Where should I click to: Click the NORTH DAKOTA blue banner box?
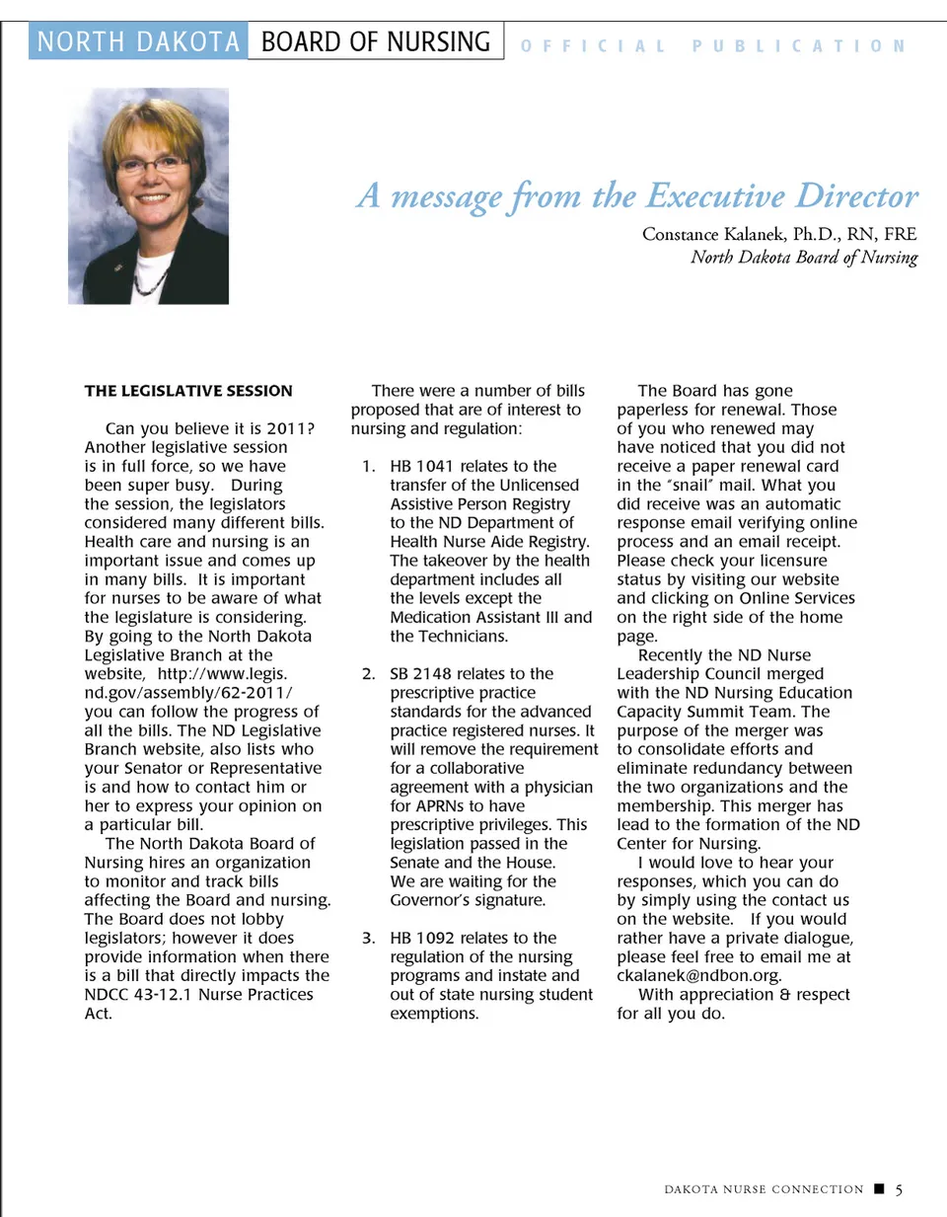tap(138, 41)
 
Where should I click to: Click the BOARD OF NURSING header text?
tap(375, 41)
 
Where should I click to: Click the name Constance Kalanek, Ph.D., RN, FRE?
tap(778, 234)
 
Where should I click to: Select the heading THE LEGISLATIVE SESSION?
tap(188, 391)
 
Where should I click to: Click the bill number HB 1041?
tap(421, 466)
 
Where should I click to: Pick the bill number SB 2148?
tap(421, 673)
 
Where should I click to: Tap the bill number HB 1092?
tap(421, 938)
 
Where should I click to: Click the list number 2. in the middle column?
tap(368, 673)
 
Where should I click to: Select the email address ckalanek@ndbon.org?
tap(698, 975)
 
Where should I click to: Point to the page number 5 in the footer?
tap(899, 1189)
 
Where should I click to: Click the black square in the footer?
tap(879, 1188)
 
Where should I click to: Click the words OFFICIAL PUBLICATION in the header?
tap(712, 46)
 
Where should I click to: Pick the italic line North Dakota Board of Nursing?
tap(803, 258)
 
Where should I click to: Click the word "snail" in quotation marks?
tap(692, 486)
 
